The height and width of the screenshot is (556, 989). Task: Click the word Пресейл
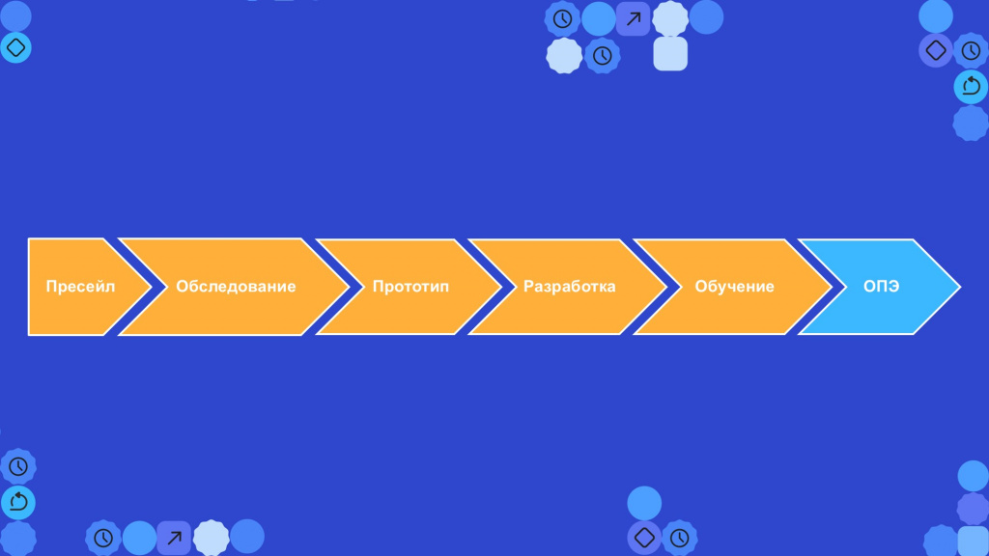click(x=81, y=286)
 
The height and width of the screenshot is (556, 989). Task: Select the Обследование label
click(x=236, y=286)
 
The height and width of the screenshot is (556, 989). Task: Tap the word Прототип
click(x=410, y=286)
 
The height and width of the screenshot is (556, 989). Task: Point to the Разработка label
click(x=570, y=286)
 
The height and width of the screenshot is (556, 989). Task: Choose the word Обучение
click(x=734, y=286)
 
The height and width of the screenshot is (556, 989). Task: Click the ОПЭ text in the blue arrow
click(x=881, y=286)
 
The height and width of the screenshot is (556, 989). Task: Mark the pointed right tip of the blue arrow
click(x=960, y=287)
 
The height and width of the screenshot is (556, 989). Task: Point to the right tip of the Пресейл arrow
click(x=152, y=287)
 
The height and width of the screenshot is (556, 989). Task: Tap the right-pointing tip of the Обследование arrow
click(x=349, y=287)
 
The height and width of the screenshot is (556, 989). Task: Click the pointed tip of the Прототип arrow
click(x=501, y=287)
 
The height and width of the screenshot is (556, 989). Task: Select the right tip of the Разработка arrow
click(x=666, y=287)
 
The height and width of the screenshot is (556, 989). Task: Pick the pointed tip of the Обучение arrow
click(x=832, y=287)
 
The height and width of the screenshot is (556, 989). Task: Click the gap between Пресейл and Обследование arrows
click(x=159, y=287)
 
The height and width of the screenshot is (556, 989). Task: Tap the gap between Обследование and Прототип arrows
click(x=356, y=287)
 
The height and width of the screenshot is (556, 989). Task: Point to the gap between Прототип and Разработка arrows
click(x=509, y=287)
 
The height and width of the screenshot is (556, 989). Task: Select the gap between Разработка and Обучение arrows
click(x=674, y=287)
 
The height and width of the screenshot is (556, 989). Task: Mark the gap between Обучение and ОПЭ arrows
click(x=839, y=287)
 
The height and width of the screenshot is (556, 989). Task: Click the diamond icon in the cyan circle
click(x=15, y=47)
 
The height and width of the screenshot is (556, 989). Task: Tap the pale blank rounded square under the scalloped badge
click(x=670, y=54)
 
